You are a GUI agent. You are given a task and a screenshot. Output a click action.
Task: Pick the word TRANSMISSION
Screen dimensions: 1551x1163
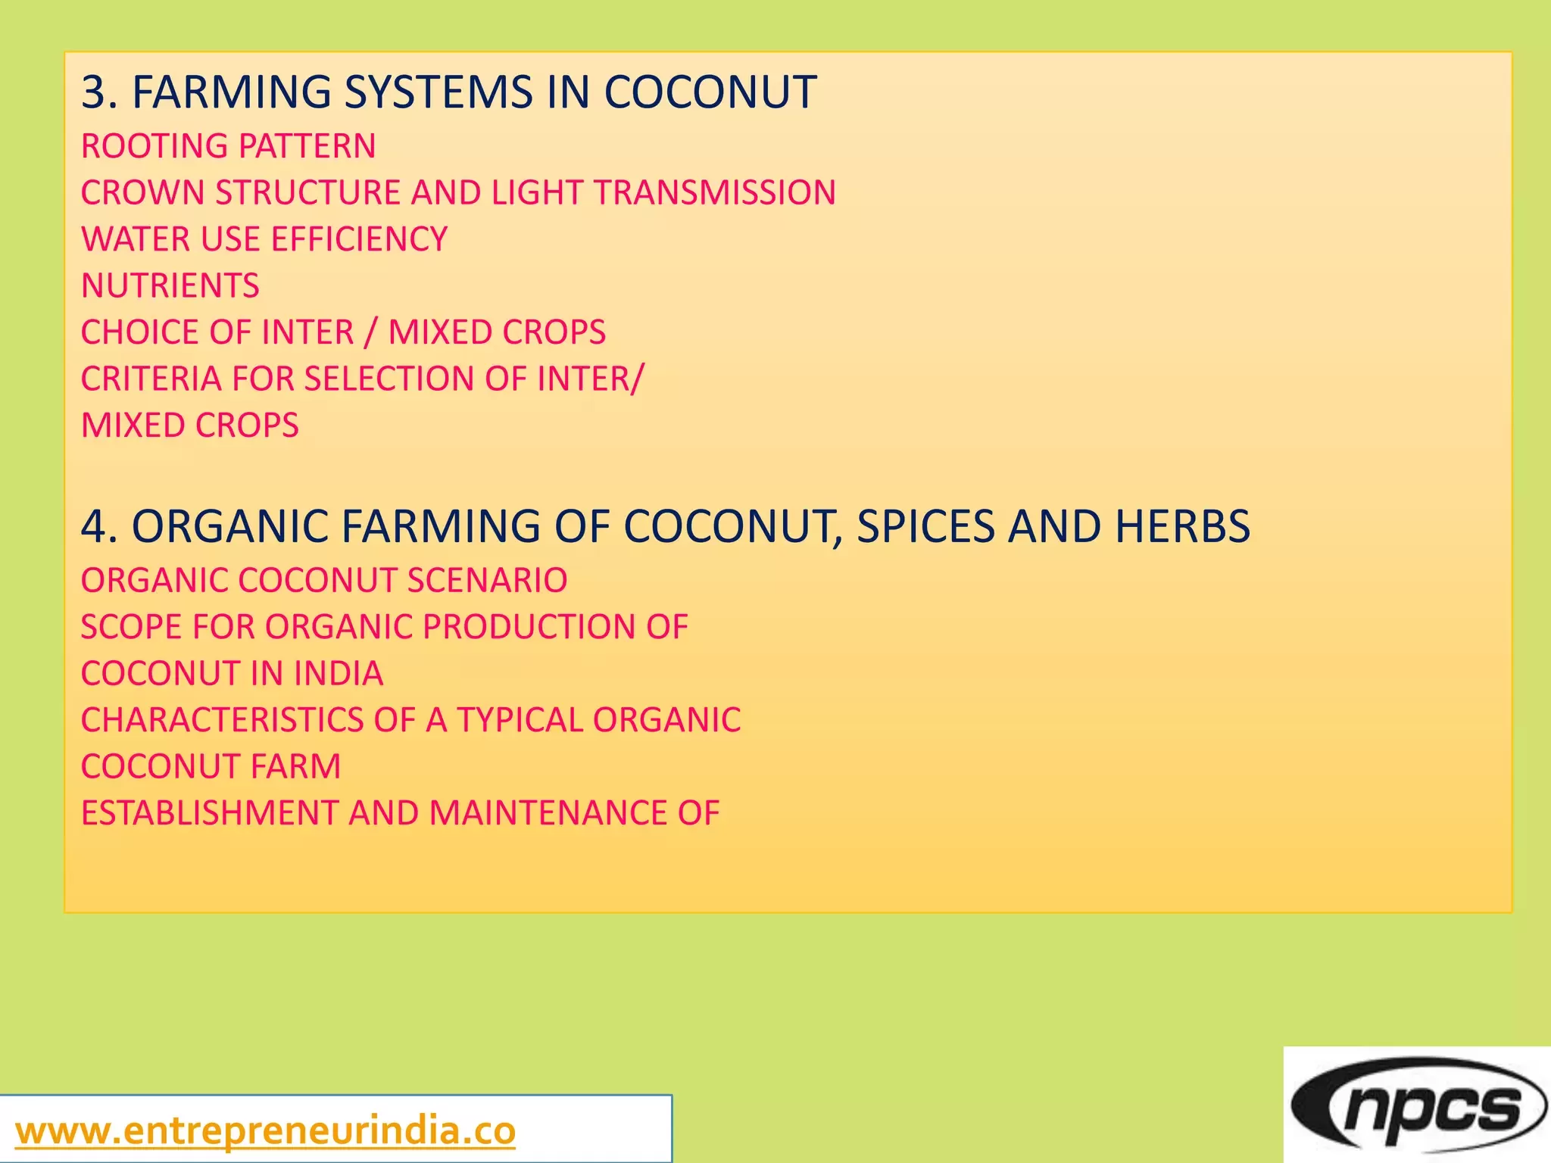715,192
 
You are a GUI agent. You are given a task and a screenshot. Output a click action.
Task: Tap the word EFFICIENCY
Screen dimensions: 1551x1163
359,239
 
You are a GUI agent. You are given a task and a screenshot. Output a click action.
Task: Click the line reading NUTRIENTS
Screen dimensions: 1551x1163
170,285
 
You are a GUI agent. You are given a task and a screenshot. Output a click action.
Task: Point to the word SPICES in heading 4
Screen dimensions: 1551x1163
925,526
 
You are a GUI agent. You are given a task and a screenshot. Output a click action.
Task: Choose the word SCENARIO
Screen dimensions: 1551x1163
487,581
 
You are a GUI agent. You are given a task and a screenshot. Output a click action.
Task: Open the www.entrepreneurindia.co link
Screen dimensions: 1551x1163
265,1131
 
